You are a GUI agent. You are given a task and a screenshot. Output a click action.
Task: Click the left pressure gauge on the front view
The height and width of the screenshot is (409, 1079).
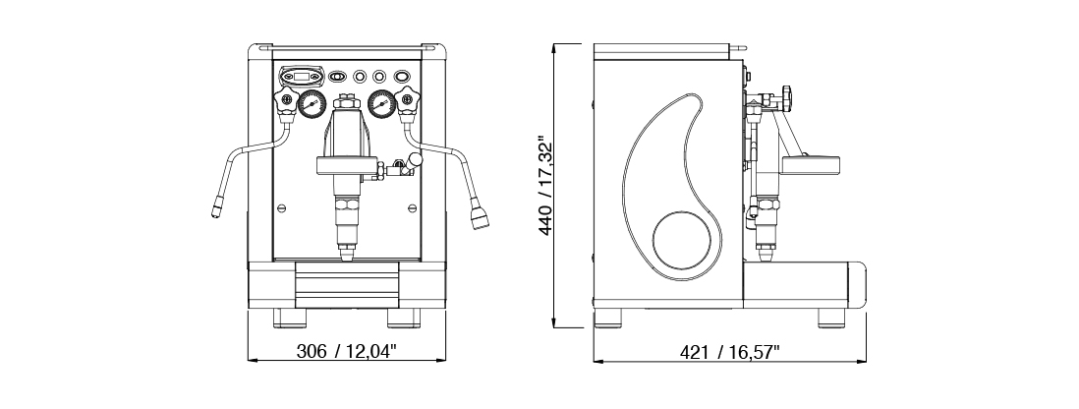click(x=312, y=104)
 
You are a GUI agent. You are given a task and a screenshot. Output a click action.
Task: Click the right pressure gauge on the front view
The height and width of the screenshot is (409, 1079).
click(x=381, y=104)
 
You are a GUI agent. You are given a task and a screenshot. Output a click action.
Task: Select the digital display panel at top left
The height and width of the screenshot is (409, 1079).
click(x=301, y=75)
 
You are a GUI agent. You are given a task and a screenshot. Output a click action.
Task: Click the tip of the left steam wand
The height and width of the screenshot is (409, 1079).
click(x=216, y=207)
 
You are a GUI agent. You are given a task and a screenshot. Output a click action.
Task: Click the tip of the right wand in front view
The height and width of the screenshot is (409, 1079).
click(x=480, y=215)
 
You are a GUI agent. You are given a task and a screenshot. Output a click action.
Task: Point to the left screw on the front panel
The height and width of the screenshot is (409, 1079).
click(x=281, y=207)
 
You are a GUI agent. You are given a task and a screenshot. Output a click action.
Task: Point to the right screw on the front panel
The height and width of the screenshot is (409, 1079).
click(x=412, y=207)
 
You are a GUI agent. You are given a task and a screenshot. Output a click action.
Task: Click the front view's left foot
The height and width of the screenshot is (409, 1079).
click(x=290, y=318)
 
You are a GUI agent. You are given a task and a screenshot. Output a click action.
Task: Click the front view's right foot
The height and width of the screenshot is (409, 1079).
click(x=404, y=318)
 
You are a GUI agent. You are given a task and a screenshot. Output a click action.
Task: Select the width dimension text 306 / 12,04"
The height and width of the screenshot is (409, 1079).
click(x=347, y=351)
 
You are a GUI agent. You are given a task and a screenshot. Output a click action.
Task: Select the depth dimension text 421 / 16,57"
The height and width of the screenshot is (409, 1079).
click(x=730, y=352)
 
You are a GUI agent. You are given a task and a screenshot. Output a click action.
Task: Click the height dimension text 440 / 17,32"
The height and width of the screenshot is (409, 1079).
click(x=547, y=186)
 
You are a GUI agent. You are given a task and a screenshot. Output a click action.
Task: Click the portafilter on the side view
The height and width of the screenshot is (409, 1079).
click(x=810, y=165)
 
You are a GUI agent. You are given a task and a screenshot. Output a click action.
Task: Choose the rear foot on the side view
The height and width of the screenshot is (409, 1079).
click(x=607, y=318)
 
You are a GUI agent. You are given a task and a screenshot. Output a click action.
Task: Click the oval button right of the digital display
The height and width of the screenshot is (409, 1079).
click(x=337, y=76)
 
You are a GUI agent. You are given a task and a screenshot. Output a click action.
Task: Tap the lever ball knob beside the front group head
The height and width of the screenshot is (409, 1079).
click(x=415, y=159)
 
